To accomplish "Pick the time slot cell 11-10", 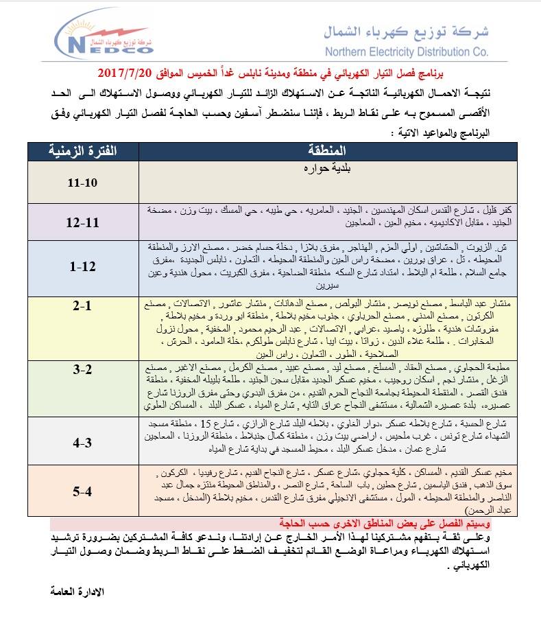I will (81, 184).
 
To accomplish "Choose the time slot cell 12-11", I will (81, 223).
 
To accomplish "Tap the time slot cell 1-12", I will (81, 266).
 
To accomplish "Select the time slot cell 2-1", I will (81, 306).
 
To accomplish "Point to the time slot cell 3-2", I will (81, 371).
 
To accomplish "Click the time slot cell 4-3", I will (81, 443).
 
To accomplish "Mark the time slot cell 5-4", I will (81, 491).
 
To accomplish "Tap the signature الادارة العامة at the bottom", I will (78, 590).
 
